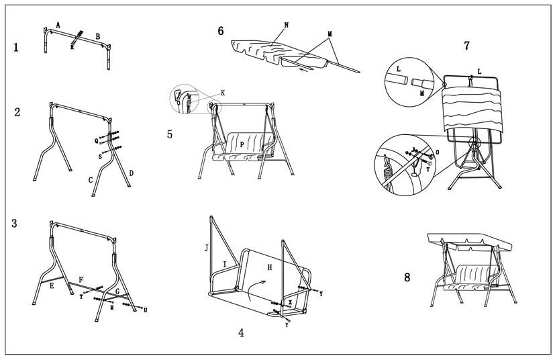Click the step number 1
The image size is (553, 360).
pyautogui.click(x=15, y=48)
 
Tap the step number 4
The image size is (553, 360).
pyautogui.click(x=242, y=332)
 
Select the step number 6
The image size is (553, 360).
pyautogui.click(x=221, y=31)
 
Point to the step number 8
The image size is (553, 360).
pyautogui.click(x=407, y=277)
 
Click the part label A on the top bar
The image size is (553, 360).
pyautogui.click(x=58, y=25)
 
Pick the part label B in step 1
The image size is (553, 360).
pyautogui.click(x=98, y=36)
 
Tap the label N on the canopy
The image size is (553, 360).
pyautogui.click(x=287, y=25)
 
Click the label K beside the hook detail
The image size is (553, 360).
pyautogui.click(x=223, y=92)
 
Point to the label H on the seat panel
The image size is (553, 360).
pyautogui.click(x=269, y=267)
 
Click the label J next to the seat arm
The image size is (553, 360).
pyautogui.click(x=207, y=248)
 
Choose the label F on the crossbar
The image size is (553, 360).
pyautogui.click(x=81, y=279)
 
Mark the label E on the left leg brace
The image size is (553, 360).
pyautogui.click(x=51, y=285)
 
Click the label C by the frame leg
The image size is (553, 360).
pyautogui.click(x=91, y=180)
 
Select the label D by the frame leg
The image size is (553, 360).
pyautogui.click(x=131, y=173)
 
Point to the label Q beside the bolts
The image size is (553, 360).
pyautogui.click(x=97, y=140)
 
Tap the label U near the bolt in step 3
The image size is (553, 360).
pyautogui.click(x=146, y=310)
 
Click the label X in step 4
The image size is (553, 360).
pyautogui.click(x=290, y=302)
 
